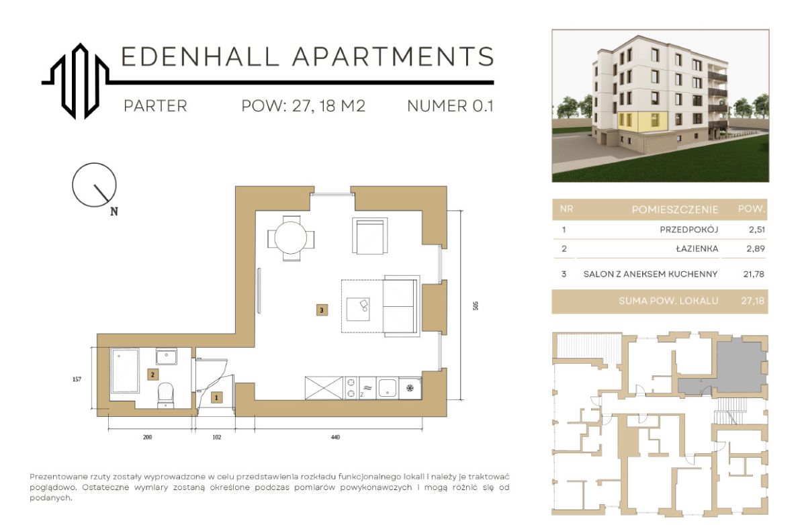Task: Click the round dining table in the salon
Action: click(x=291, y=238)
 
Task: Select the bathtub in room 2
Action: click(x=125, y=371)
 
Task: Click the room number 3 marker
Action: click(x=322, y=310)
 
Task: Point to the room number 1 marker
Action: click(x=216, y=397)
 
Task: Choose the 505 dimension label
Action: click(x=476, y=305)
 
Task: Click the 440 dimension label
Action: click(x=335, y=437)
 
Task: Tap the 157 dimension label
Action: click(x=77, y=379)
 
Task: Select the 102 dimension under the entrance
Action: click(x=216, y=437)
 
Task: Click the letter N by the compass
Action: click(x=114, y=211)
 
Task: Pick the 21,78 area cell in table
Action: click(x=754, y=274)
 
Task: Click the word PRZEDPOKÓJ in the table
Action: click(x=688, y=230)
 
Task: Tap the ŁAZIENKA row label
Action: click(x=697, y=248)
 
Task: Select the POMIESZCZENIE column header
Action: click(x=675, y=209)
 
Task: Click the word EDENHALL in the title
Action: click(x=199, y=56)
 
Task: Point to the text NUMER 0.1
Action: click(x=450, y=105)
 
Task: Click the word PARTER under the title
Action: click(x=155, y=105)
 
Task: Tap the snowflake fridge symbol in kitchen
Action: click(x=410, y=388)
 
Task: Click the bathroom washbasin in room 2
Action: click(x=167, y=356)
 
